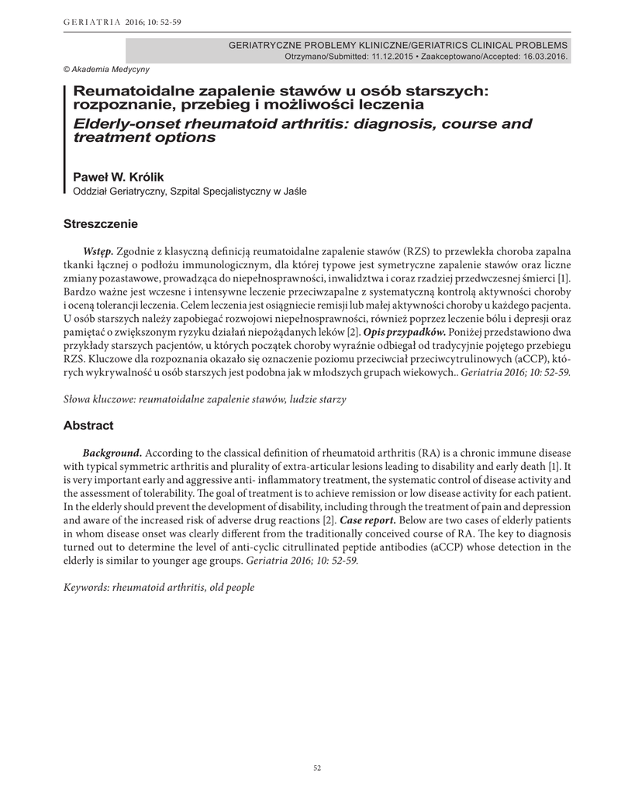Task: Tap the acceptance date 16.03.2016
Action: [542, 57]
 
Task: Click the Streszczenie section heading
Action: [101, 225]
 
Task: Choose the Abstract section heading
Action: [88, 426]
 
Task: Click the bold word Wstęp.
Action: [98, 252]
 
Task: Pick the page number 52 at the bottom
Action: [317, 768]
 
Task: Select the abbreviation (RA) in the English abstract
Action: [430, 453]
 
